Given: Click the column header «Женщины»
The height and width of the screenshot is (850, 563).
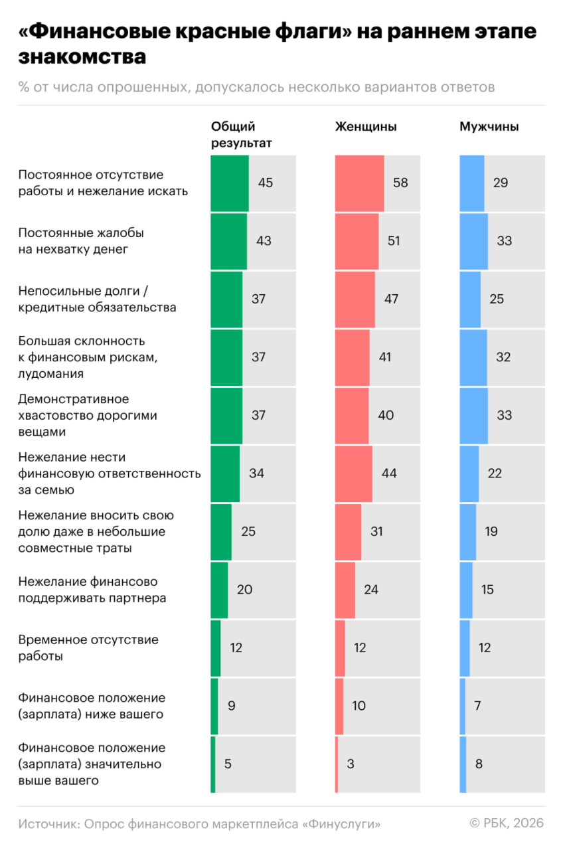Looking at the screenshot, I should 366,127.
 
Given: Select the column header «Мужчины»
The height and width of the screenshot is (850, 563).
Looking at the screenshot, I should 489,127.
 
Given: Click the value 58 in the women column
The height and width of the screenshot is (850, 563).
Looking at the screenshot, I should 400,183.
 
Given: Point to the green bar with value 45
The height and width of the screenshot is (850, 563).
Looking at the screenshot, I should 230,183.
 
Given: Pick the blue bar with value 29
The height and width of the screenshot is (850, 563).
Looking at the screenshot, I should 472,183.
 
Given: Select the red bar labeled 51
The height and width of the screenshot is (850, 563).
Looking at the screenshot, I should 357,241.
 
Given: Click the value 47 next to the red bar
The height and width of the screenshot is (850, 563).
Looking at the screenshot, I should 391,299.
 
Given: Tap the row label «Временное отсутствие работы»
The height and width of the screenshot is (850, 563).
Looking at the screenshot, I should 88,647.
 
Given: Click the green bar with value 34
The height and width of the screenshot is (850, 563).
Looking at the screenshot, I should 225,473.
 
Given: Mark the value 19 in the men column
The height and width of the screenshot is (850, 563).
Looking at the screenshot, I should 491,531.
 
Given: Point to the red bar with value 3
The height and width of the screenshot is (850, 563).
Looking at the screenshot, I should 337,764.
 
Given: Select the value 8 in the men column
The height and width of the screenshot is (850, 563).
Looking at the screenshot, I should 479,764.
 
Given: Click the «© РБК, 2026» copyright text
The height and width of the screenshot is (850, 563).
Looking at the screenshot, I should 506,823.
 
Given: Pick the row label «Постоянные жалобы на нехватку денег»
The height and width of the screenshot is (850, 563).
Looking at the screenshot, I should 81,241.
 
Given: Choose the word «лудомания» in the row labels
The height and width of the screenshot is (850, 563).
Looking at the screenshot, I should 50,373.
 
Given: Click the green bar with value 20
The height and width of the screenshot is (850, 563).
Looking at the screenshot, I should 219,590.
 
